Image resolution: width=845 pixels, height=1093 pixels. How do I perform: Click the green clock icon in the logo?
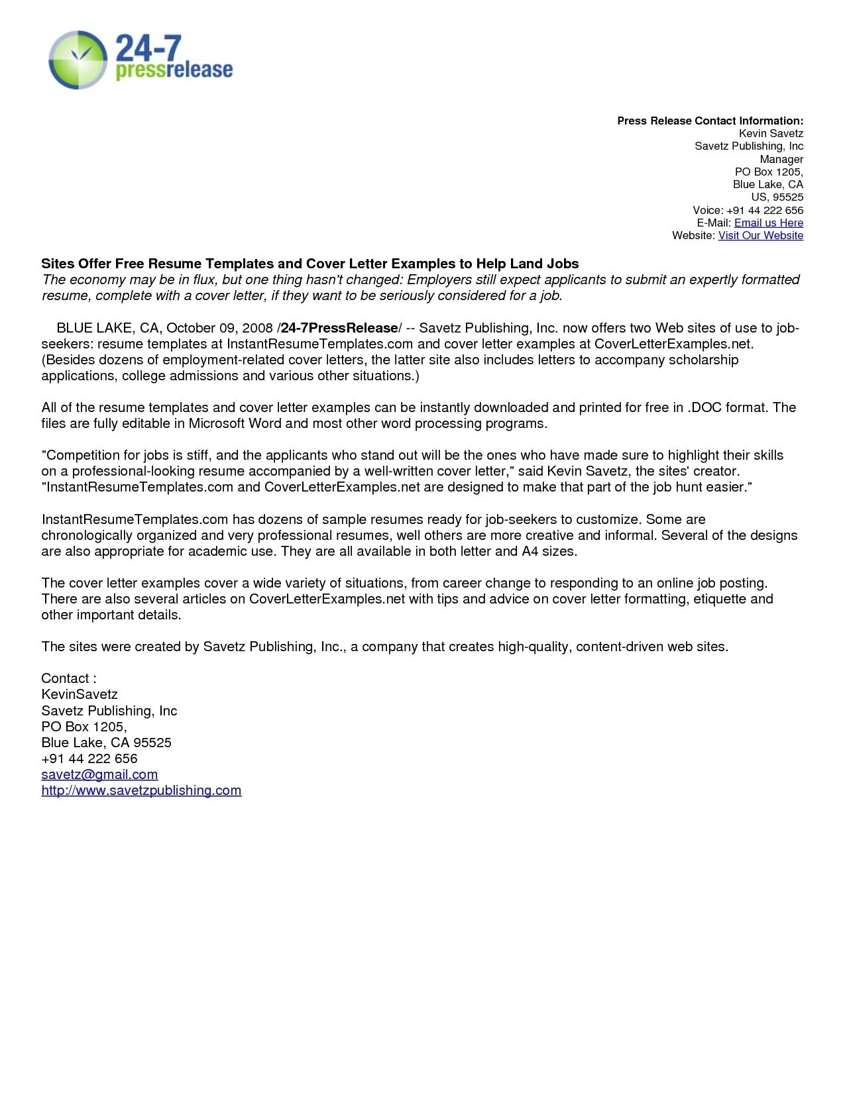[78, 60]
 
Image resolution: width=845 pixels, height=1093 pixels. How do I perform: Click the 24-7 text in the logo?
[148, 48]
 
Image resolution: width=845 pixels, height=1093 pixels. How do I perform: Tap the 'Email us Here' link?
[768, 223]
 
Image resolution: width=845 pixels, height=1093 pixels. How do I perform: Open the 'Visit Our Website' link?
[760, 236]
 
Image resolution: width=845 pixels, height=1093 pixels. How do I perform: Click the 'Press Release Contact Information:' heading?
[710, 121]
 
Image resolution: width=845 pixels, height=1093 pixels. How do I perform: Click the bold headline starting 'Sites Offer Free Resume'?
[310, 264]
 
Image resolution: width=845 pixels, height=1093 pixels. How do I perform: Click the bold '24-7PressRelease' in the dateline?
[339, 329]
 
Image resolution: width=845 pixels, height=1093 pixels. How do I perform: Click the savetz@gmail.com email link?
[99, 775]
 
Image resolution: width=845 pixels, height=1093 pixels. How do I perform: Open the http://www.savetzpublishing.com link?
[141, 791]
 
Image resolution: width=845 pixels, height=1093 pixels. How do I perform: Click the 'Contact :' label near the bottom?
[69, 679]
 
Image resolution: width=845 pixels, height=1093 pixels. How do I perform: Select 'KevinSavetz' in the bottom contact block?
[80, 695]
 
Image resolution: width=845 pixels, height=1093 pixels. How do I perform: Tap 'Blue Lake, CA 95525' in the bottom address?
[106, 743]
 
